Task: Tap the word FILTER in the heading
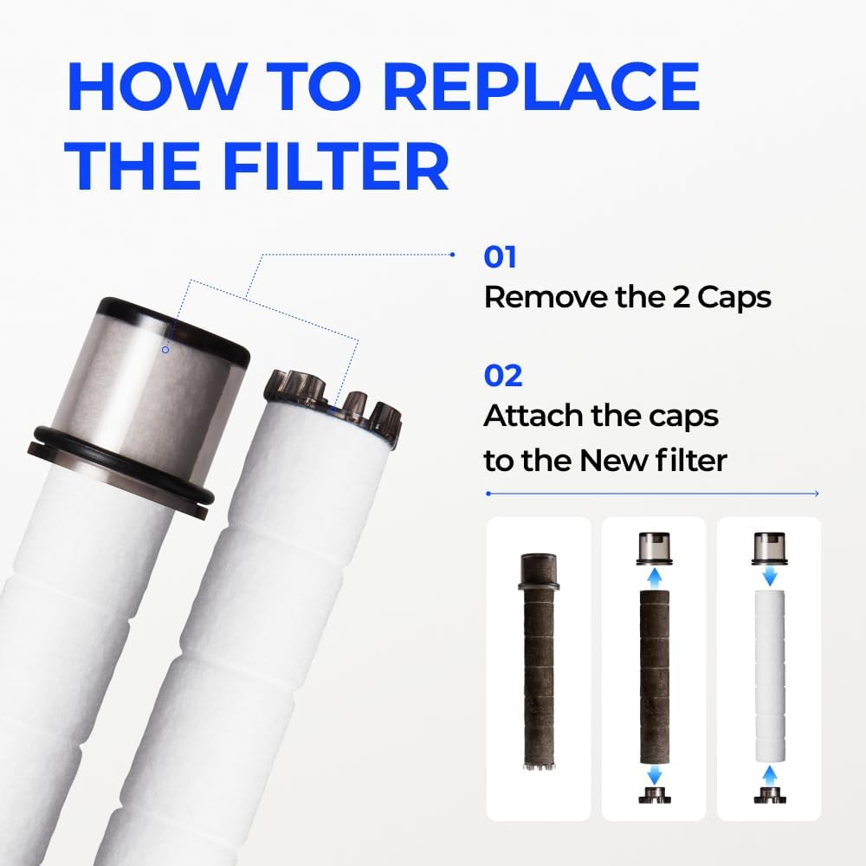[336, 165]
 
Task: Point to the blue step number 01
[500, 257]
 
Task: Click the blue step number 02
[502, 376]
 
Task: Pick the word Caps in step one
[734, 298]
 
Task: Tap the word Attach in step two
[533, 416]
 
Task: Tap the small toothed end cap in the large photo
[333, 403]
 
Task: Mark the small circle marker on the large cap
[165, 350]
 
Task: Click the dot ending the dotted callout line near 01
[452, 255]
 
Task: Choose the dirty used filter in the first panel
[539, 661]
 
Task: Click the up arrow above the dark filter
[655, 578]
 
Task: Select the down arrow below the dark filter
[655, 774]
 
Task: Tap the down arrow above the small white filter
[769, 577]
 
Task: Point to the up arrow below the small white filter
[769, 775]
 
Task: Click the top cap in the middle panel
[655, 548]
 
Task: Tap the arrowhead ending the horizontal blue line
[817, 494]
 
